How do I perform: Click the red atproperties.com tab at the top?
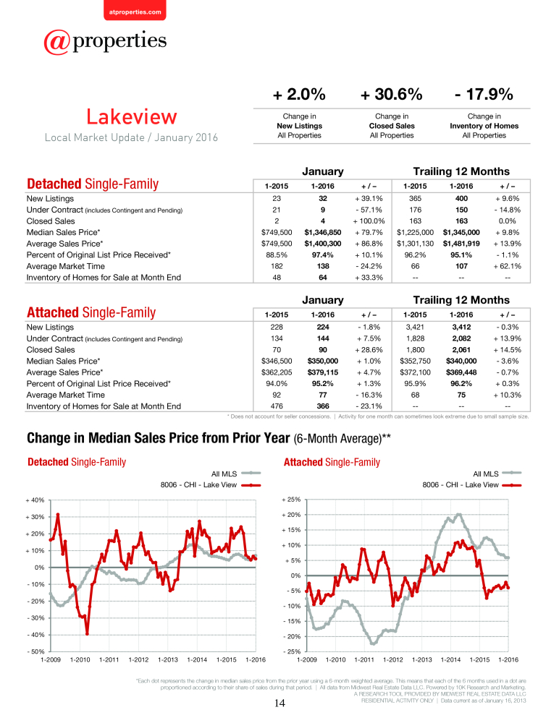click(135, 10)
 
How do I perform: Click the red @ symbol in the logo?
click(56, 42)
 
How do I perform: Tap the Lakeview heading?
click(132, 116)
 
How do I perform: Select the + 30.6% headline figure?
click(391, 94)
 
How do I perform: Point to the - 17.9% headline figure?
click(484, 94)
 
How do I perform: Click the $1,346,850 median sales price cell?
click(323, 232)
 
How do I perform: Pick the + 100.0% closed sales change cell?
click(369, 221)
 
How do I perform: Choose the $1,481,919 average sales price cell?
click(461, 244)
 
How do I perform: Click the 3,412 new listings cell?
click(461, 327)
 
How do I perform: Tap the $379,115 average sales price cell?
click(323, 372)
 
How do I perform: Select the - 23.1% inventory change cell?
click(369, 406)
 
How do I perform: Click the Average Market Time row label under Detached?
click(66, 266)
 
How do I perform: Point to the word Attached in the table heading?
click(53, 312)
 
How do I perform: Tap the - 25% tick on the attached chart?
click(291, 651)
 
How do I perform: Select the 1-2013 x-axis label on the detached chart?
click(168, 660)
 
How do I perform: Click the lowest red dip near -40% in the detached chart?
click(87, 634)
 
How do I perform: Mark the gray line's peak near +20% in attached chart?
click(458, 515)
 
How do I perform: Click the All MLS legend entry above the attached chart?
click(497, 474)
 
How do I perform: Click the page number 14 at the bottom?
click(279, 703)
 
